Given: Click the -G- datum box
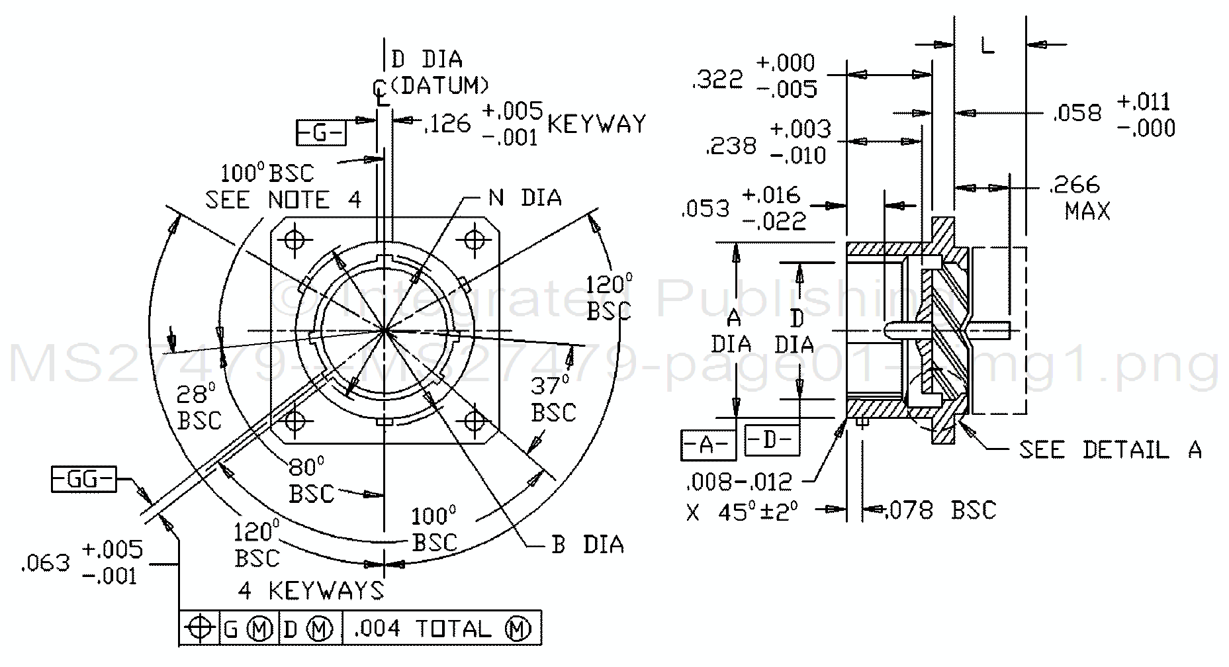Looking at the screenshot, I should [320, 133].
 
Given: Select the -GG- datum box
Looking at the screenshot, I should [83, 479].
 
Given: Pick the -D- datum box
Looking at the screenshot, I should [771, 440].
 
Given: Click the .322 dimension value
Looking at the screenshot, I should [717, 79].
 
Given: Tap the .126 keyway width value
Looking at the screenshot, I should [447, 123].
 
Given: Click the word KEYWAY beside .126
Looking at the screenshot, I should [596, 124].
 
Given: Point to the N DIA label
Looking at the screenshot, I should [525, 197].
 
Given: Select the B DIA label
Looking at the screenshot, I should [587, 545].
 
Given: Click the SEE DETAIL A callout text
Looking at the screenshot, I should [1110, 450].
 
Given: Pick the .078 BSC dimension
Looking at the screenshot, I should [940, 510].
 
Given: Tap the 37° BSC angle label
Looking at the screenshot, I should [553, 398].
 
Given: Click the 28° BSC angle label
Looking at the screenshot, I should [199, 407].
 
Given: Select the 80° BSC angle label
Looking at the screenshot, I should [310, 480].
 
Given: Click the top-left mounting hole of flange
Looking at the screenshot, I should [295, 238].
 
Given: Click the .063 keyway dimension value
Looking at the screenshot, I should [45, 563].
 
